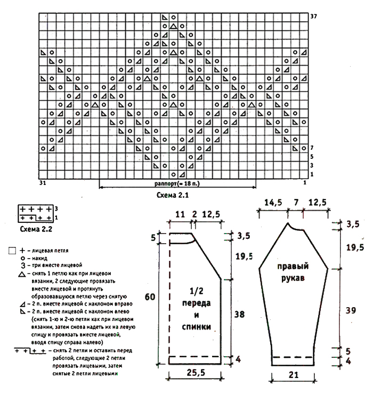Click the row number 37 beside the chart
(x=314, y=16)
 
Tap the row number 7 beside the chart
(x=312, y=148)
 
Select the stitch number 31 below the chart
(x=43, y=183)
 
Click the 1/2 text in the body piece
(x=195, y=291)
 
